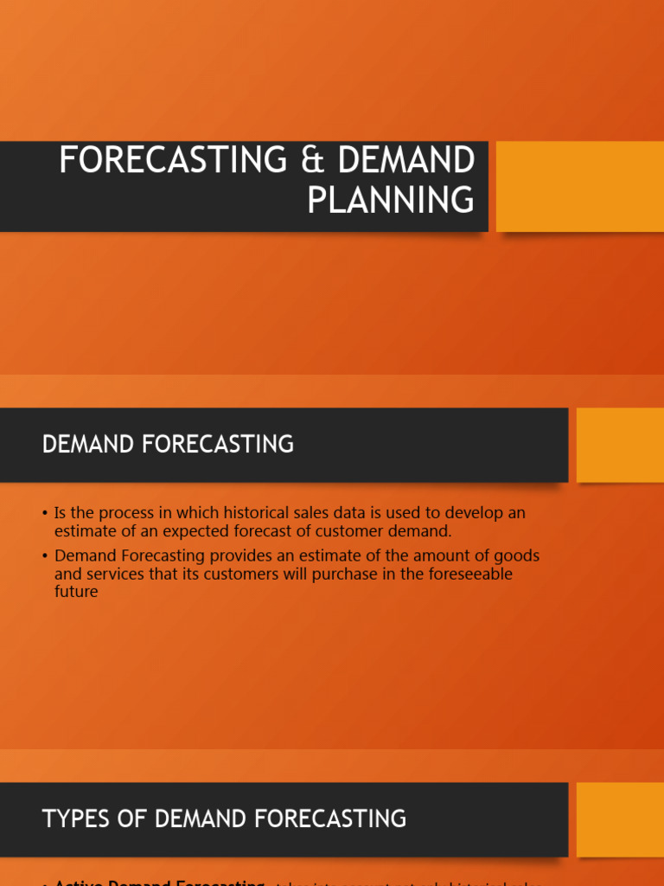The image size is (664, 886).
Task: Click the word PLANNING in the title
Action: click(x=391, y=200)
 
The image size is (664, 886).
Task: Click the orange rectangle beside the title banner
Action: click(x=579, y=186)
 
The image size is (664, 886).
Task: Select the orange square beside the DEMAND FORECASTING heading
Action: click(x=620, y=445)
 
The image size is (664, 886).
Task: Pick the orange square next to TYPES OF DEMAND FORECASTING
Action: click(x=620, y=819)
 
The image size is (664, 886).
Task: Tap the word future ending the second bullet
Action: click(x=76, y=593)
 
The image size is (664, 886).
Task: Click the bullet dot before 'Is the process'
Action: click(x=44, y=514)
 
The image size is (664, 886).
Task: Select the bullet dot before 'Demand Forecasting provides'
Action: click(x=44, y=556)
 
